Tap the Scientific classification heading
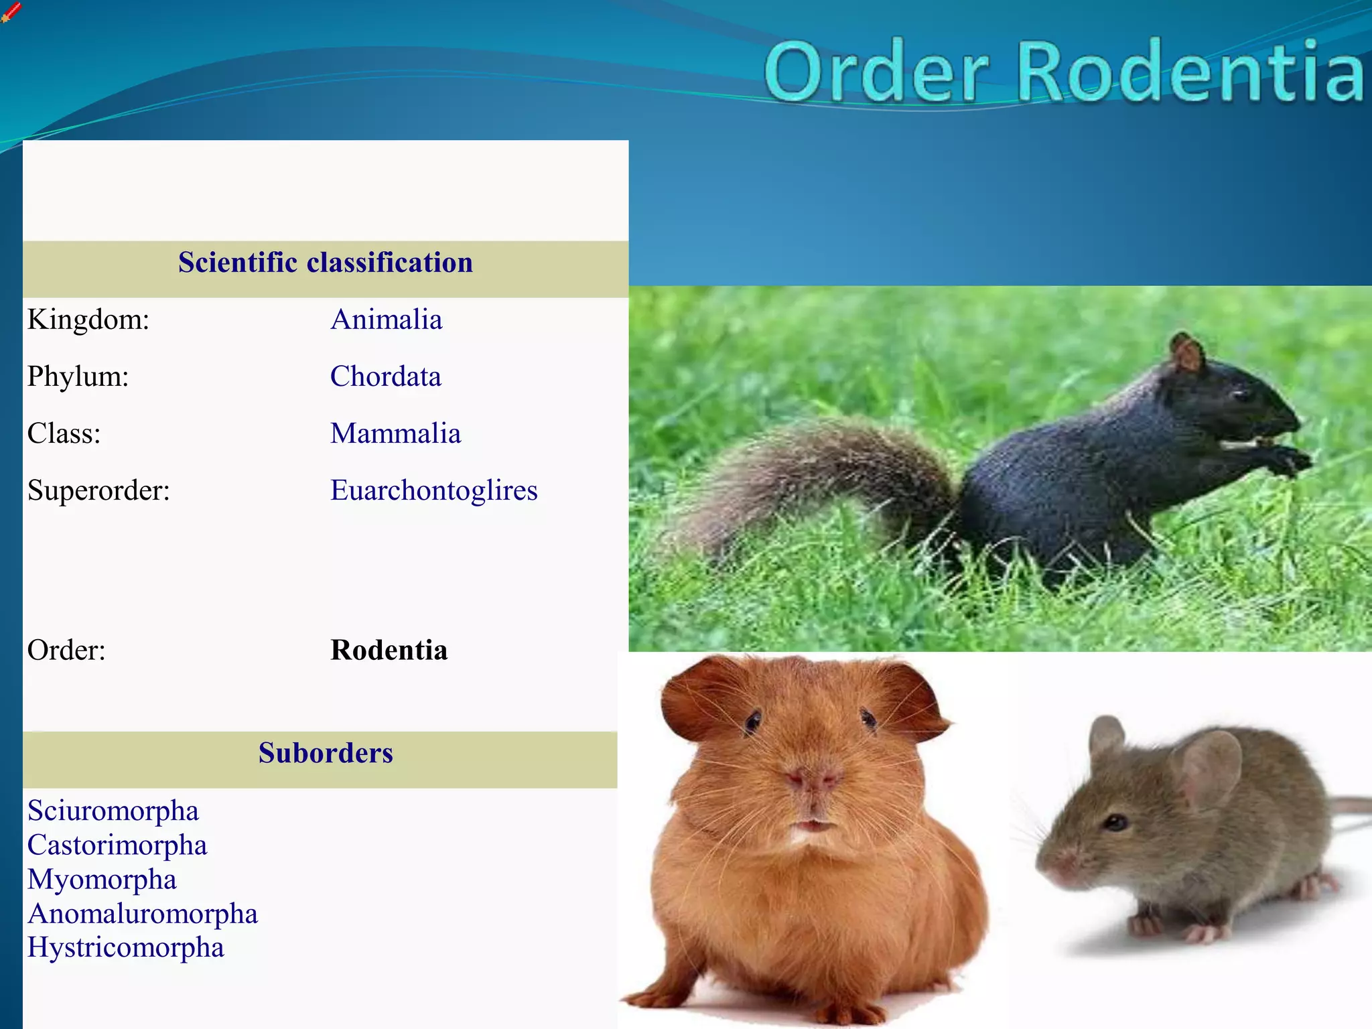point(326,263)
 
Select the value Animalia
point(387,320)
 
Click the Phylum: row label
point(78,376)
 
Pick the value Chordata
point(386,376)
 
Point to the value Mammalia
point(395,433)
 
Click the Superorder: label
point(98,490)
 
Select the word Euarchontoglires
point(433,490)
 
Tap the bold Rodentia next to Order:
point(389,650)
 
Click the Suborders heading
point(326,753)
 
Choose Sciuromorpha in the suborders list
point(113,811)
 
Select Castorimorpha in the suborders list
point(117,845)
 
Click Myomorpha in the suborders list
point(102,880)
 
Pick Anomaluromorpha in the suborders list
point(142,914)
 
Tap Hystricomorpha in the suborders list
point(125,947)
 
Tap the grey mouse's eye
point(1115,822)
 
